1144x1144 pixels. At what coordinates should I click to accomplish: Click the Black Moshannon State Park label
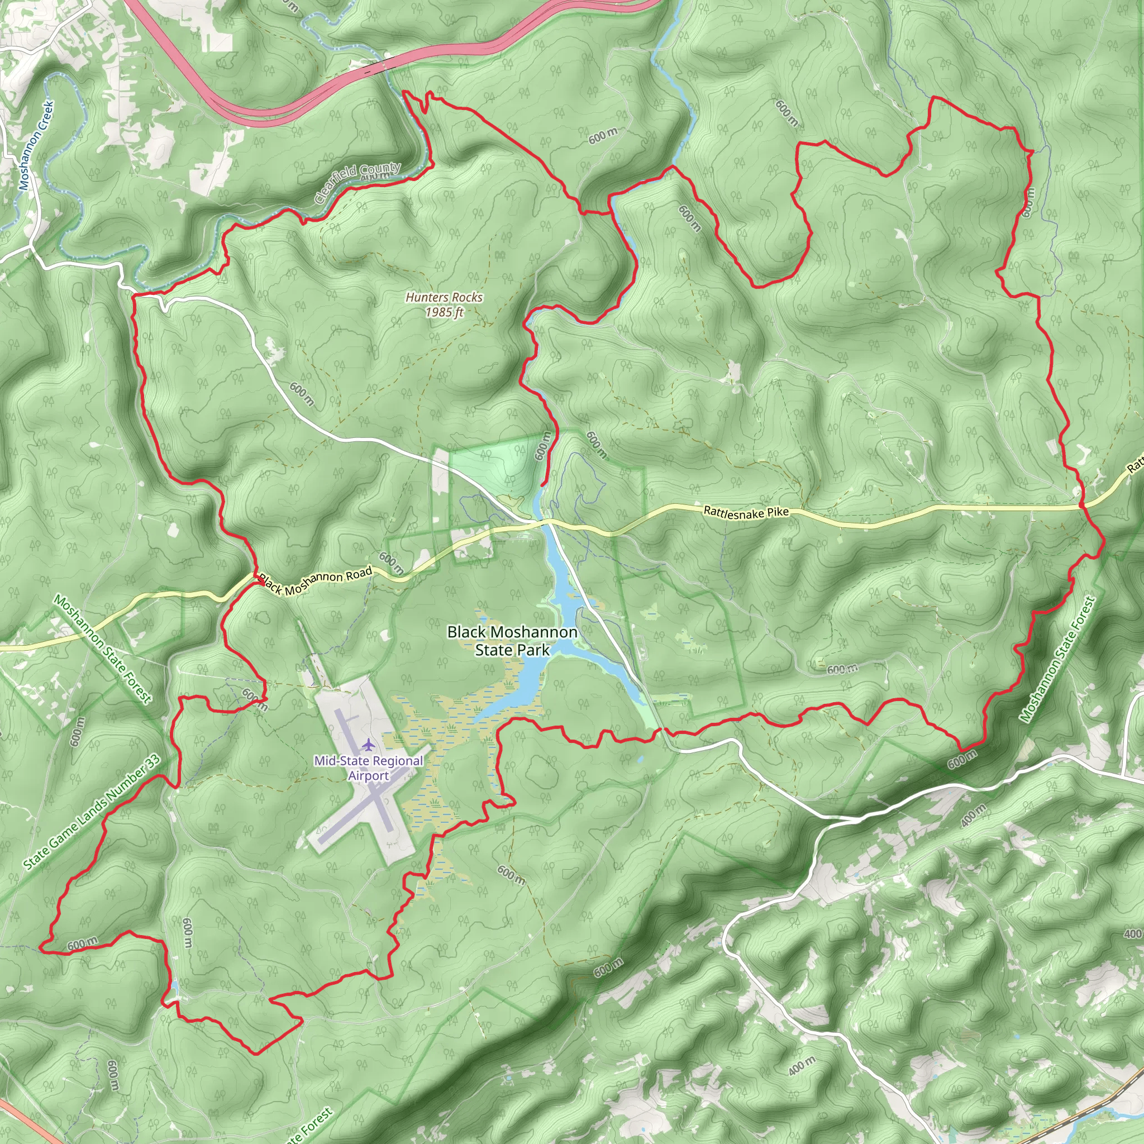tap(512, 641)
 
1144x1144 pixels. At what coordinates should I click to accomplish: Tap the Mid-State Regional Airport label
tap(368, 768)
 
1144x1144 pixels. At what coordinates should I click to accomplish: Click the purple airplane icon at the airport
tap(369, 743)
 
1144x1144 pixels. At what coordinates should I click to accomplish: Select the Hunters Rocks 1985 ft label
tap(444, 304)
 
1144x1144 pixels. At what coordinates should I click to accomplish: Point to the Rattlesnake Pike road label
tap(746, 512)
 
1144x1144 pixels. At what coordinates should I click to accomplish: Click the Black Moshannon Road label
tap(316, 580)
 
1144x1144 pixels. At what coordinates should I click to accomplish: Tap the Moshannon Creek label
tap(36, 146)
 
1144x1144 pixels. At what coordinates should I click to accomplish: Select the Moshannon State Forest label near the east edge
tap(1057, 659)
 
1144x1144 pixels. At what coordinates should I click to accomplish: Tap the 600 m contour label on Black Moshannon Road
tap(391, 563)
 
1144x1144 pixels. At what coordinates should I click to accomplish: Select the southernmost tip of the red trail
tap(256, 1054)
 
